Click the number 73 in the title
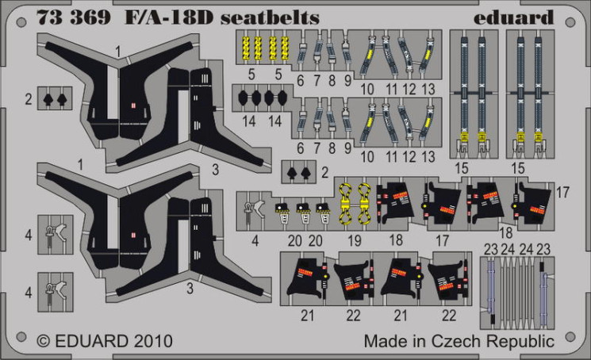pyautogui.click(x=49, y=17)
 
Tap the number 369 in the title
pyautogui.click(x=90, y=17)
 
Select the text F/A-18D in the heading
pyautogui.click(x=169, y=17)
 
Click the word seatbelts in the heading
pyautogui.click(x=270, y=17)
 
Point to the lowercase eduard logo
pyautogui.click(x=513, y=17)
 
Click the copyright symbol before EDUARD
pyautogui.click(x=44, y=341)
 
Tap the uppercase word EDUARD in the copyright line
pyautogui.click(x=91, y=341)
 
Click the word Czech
pyautogui.click(x=456, y=341)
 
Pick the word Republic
pyautogui.click(x=520, y=342)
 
